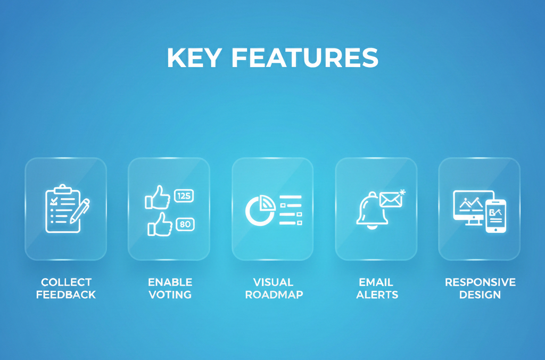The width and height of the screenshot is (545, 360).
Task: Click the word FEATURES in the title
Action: [305, 58]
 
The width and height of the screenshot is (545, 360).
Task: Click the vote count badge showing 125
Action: [184, 196]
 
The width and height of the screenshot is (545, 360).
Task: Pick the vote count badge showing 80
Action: [185, 224]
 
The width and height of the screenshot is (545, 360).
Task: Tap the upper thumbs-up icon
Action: [158, 198]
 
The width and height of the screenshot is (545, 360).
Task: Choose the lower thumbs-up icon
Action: [160, 225]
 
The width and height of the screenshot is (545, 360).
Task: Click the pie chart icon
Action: [260, 210]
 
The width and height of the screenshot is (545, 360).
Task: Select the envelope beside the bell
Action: [390, 199]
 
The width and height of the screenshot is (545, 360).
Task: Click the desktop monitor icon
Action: [470, 207]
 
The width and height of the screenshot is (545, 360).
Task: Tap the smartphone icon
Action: [496, 216]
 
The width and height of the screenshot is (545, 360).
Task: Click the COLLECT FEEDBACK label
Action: [66, 288]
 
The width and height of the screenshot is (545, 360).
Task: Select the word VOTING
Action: [170, 294]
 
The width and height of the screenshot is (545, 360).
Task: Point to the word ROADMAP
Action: [274, 294]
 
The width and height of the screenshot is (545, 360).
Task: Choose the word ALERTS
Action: [377, 294]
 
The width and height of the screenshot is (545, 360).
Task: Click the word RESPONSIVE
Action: [480, 282]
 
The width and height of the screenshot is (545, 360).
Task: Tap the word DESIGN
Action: [480, 294]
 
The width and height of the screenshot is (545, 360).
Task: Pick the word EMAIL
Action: [376, 282]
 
